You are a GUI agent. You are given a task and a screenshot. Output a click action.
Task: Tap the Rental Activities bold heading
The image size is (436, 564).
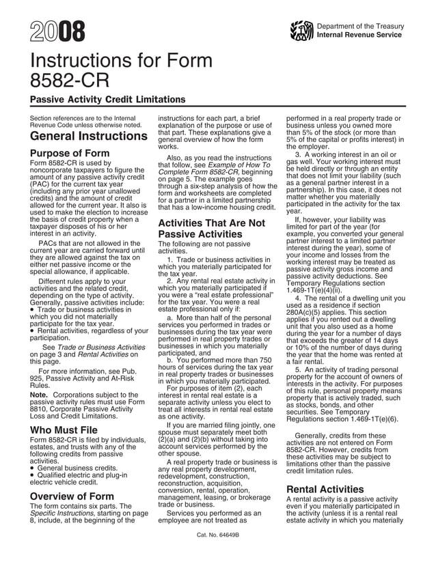coord(325,490)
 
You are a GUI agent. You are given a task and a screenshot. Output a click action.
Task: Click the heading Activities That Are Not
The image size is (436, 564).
coord(211,223)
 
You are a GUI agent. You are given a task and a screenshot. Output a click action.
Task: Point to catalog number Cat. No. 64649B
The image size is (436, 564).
coord(217,535)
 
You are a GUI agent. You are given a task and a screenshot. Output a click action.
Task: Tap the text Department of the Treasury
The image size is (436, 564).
coord(361,26)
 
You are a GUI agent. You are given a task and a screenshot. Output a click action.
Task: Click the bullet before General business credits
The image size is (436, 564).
coord(33,468)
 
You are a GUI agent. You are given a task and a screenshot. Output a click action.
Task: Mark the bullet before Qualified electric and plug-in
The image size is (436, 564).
coord(33,475)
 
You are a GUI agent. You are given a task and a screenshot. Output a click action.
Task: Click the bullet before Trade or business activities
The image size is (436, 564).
coord(33,309)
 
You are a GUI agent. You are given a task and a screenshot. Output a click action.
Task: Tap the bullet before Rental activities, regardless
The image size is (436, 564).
coord(33,330)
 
